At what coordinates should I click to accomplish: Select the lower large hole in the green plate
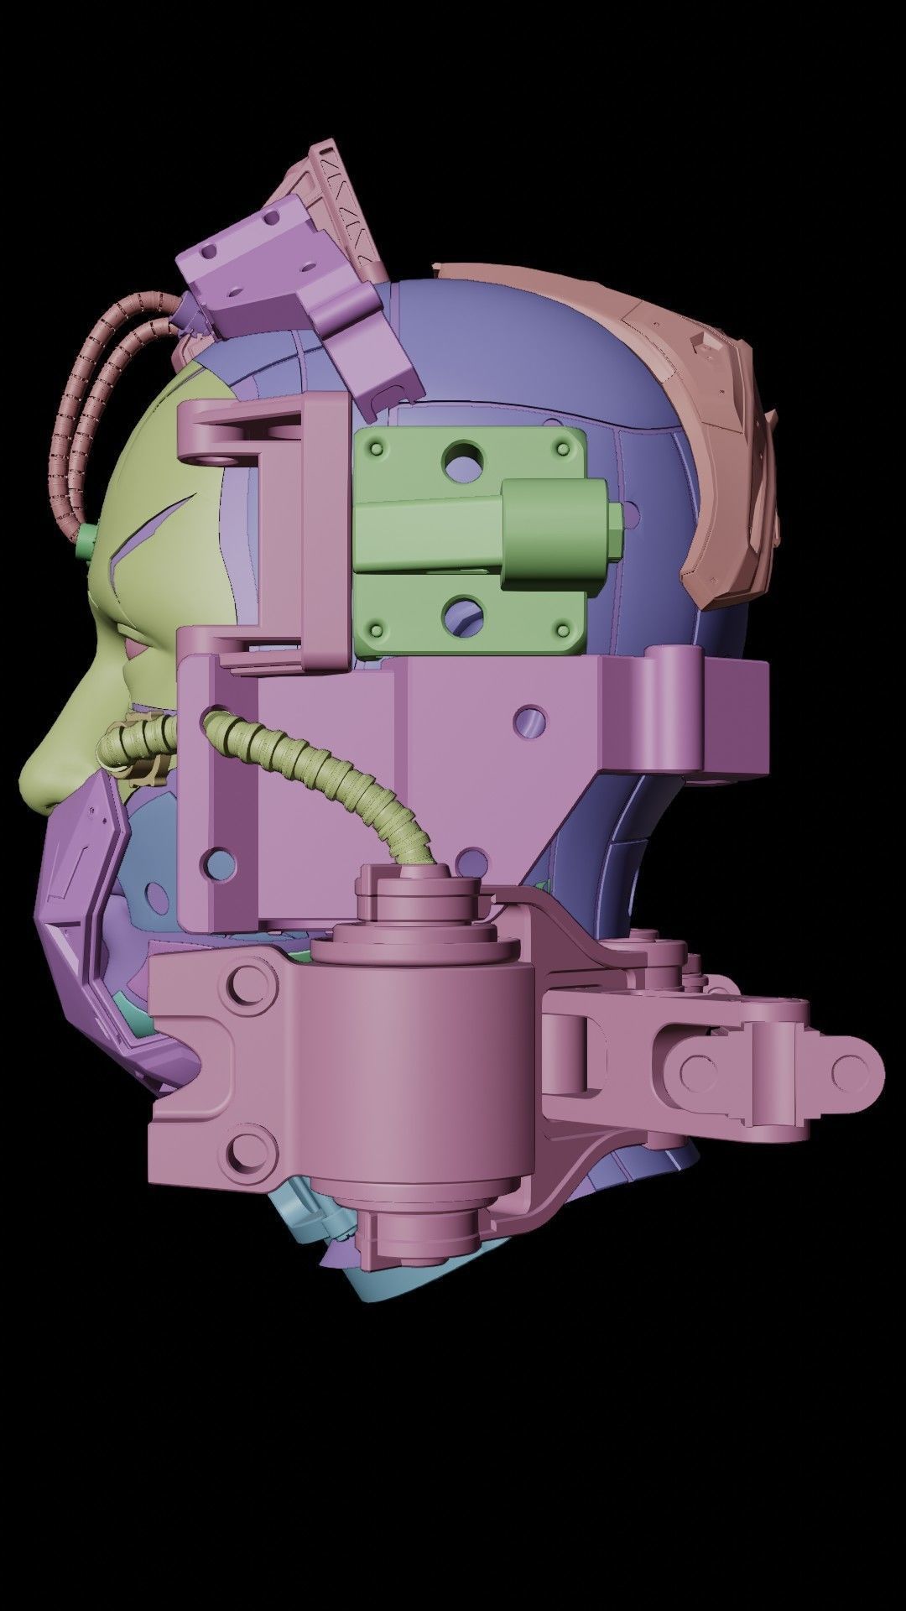coord(464,613)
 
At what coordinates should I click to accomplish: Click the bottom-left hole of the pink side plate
coord(221,860)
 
